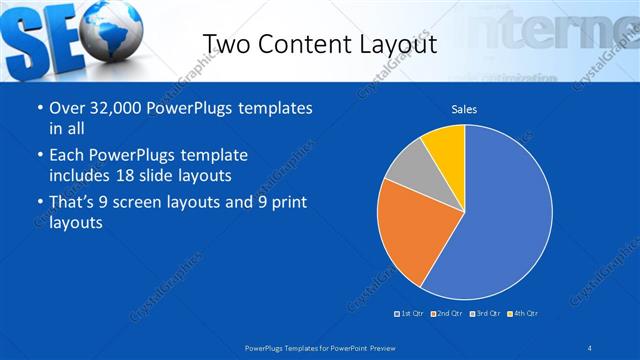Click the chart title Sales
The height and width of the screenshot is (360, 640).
[x=464, y=108]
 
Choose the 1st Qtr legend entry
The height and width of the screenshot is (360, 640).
[x=410, y=313]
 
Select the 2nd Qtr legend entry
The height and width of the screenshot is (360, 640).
[x=447, y=313]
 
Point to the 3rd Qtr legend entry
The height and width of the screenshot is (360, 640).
[x=485, y=313]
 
